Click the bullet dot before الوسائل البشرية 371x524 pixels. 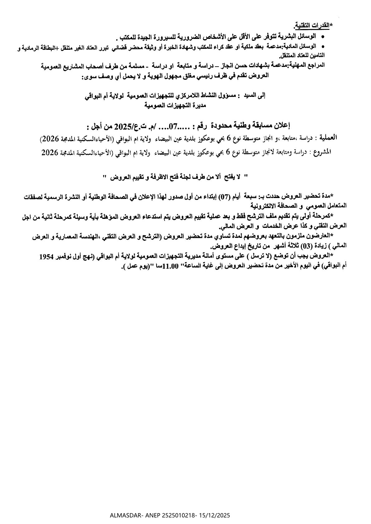[323, 37]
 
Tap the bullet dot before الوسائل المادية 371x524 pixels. [323, 46]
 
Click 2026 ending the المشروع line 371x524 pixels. [50, 152]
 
